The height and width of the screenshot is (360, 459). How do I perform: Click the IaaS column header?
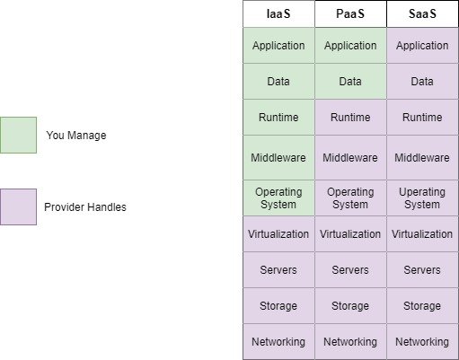(278, 13)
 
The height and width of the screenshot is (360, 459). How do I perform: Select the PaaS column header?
(350, 13)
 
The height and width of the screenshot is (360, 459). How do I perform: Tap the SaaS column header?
(422, 13)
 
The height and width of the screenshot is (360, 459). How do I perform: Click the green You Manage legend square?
(18, 135)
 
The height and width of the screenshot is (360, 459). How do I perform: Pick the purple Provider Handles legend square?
(18, 206)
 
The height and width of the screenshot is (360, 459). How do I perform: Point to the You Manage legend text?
(76, 136)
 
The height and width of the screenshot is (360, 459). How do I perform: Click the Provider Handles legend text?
(85, 207)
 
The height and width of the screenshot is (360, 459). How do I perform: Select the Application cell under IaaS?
(278, 45)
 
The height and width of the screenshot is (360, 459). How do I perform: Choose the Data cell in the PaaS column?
(350, 81)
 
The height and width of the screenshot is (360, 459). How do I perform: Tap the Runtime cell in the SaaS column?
(422, 117)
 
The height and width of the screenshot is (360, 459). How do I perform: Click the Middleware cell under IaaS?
(278, 157)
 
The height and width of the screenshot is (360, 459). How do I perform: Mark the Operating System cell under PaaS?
(350, 198)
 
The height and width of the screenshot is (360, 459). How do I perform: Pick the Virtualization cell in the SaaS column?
(422, 233)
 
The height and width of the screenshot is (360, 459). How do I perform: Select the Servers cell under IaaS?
(278, 269)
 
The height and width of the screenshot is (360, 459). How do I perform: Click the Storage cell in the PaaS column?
(350, 305)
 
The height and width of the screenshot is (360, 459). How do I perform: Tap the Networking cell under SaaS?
(422, 341)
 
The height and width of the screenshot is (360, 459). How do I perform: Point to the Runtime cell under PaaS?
(350, 117)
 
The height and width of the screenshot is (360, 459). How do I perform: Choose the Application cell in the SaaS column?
(422, 45)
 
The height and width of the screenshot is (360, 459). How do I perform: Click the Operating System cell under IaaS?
(278, 198)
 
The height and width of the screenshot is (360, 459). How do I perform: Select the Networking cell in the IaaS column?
(278, 341)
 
